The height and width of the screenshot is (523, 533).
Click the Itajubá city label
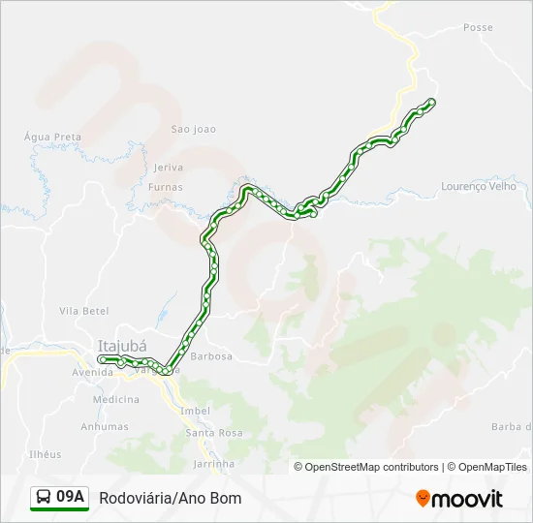[122, 345]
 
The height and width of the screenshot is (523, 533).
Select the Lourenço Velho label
[479, 186]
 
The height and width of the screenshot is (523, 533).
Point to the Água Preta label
[53, 138]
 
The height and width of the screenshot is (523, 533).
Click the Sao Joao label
[193, 129]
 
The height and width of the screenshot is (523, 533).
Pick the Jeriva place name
[169, 168]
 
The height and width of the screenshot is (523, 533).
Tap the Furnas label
[166, 187]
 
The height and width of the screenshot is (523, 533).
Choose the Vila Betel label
[84, 311]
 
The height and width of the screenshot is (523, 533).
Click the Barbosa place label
[212, 356]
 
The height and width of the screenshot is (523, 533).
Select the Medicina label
[116, 399]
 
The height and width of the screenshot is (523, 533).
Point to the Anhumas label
[105, 426]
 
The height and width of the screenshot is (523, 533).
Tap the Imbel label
[195, 411]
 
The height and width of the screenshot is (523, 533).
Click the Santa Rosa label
[214, 433]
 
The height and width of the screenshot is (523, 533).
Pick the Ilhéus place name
[46, 454]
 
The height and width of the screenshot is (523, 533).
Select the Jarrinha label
[214, 464]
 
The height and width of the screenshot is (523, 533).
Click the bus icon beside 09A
[44, 498]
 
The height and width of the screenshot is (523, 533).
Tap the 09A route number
[71, 498]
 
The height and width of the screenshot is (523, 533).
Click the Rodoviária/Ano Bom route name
[171, 498]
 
